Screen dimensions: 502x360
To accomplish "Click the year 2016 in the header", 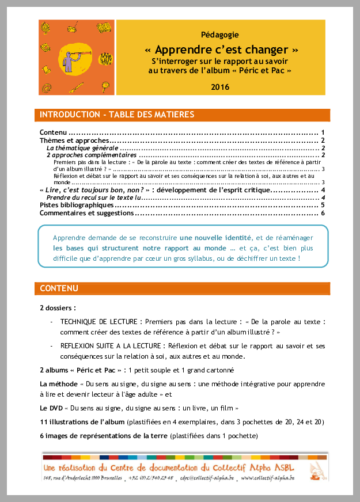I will (x=220, y=87).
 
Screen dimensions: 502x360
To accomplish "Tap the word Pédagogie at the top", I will (x=220, y=35).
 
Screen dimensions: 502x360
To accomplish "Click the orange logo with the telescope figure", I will (x=75, y=58).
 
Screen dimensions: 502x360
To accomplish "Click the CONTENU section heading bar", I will (x=59, y=288).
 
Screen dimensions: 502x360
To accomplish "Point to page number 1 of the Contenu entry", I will (x=322, y=132).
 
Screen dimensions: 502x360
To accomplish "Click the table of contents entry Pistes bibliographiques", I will (x=77, y=205).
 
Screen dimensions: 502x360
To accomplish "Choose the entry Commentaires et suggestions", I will (x=86, y=213).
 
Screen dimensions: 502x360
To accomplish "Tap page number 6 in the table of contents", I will (x=324, y=213).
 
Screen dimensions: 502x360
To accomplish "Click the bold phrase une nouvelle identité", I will (x=215, y=238).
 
